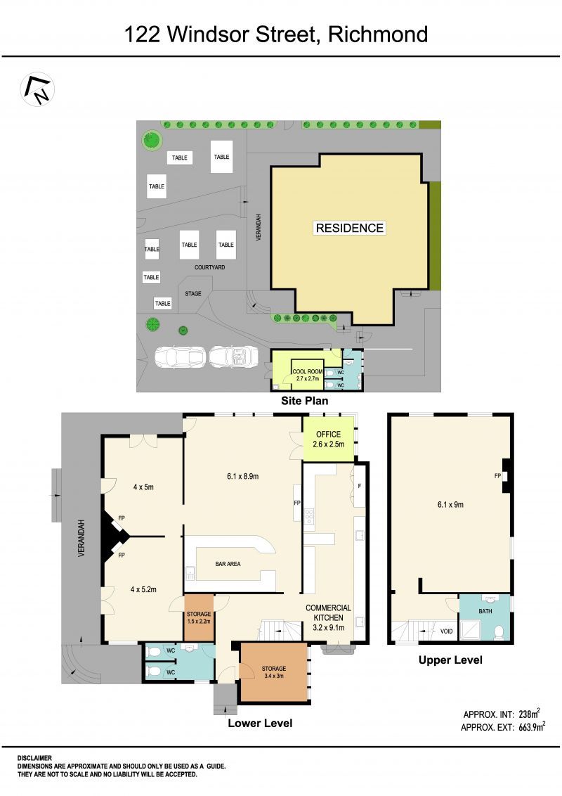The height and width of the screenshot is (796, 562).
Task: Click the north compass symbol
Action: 37,89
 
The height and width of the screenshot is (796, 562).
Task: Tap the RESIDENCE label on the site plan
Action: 349,228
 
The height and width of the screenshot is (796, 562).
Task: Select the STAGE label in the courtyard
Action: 192,293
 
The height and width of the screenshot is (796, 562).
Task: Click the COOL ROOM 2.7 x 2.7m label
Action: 308,375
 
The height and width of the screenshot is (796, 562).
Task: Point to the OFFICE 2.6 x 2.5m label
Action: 328,439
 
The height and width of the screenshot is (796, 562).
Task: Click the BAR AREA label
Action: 228,564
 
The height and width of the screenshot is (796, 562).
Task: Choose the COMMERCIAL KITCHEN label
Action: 328,612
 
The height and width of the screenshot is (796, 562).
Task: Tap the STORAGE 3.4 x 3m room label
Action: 274,672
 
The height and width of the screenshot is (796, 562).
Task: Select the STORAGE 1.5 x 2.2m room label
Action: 198,617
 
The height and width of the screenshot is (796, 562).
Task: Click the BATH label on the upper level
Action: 485,611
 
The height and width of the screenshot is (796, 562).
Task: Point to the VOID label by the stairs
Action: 446,631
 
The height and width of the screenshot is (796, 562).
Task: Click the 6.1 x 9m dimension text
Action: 450,505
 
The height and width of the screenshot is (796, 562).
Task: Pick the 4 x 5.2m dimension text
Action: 143,589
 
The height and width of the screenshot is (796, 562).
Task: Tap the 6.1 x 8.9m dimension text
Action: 243,476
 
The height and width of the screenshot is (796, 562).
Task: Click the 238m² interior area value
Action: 529,714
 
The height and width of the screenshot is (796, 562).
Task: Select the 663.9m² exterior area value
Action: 532,727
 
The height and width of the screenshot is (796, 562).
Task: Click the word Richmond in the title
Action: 378,34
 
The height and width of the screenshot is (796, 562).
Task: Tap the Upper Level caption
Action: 450,660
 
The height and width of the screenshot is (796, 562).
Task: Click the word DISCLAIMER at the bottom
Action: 34,758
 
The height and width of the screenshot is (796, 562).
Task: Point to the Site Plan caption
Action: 304,401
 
